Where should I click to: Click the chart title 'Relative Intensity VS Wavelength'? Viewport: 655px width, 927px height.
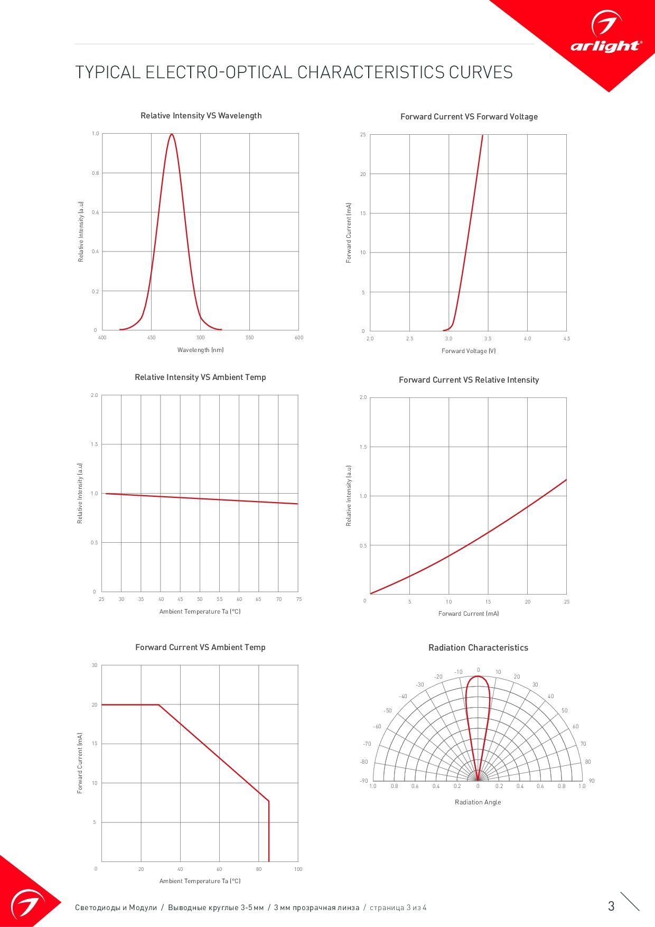[x=201, y=116]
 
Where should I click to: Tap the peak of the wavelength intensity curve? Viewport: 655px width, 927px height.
[x=172, y=134]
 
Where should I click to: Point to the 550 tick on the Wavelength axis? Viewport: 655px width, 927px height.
[x=250, y=338]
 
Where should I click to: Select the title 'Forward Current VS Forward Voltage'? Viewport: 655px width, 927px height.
[x=469, y=117]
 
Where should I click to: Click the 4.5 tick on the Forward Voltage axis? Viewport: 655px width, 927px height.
[x=566, y=339]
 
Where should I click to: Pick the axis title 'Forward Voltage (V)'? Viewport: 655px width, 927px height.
[x=469, y=351]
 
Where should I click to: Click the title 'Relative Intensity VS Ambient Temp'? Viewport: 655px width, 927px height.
[x=200, y=377]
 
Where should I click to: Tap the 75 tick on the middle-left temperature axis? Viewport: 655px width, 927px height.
[x=299, y=599]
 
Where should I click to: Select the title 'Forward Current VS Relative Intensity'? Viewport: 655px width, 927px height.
[x=469, y=380]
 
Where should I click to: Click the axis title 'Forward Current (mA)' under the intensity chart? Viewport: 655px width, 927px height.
[x=469, y=614]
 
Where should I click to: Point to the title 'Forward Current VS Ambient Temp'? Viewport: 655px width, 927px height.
[x=200, y=647]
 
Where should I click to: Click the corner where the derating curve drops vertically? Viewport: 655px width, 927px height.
[x=269, y=801]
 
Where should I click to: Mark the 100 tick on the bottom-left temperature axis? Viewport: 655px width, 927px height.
[x=298, y=869]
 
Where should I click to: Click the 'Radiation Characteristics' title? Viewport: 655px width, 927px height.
[x=478, y=648]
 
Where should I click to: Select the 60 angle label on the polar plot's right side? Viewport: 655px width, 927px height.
[x=575, y=727]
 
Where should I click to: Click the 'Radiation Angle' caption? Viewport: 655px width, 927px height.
[x=478, y=802]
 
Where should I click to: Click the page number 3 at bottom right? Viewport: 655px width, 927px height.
[x=611, y=906]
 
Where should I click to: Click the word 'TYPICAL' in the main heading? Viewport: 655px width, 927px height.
[x=108, y=72]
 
